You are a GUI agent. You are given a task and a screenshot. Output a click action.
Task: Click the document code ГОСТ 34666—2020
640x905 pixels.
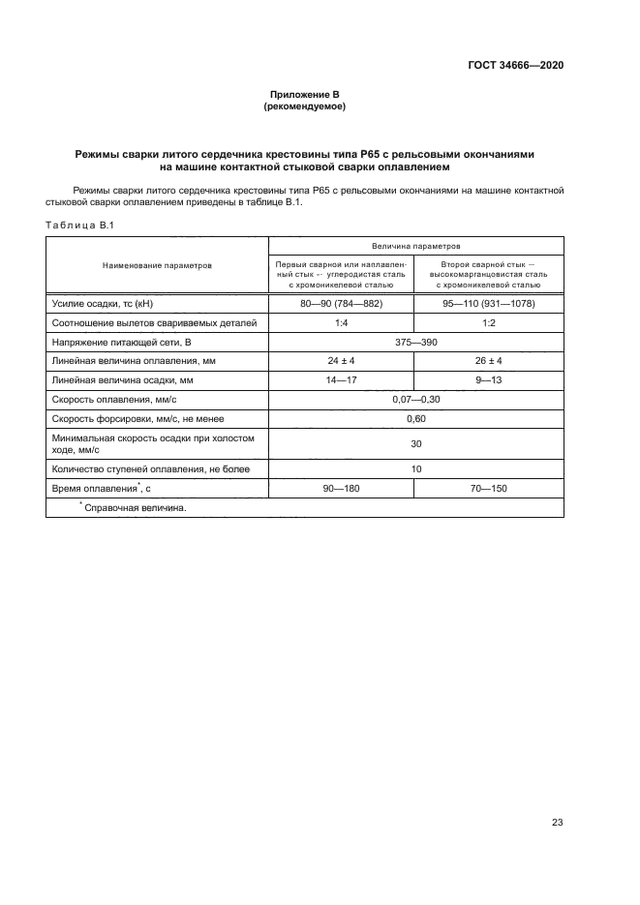tap(511, 66)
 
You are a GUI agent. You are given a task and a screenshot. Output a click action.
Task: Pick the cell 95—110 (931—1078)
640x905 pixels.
tap(488, 304)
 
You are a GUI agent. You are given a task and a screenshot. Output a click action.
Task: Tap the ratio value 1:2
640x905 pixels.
tap(488, 322)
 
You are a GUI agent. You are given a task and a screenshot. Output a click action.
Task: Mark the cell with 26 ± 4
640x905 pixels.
tap(488, 360)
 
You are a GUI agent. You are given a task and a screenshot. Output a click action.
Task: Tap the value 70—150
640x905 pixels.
tap(488, 489)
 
